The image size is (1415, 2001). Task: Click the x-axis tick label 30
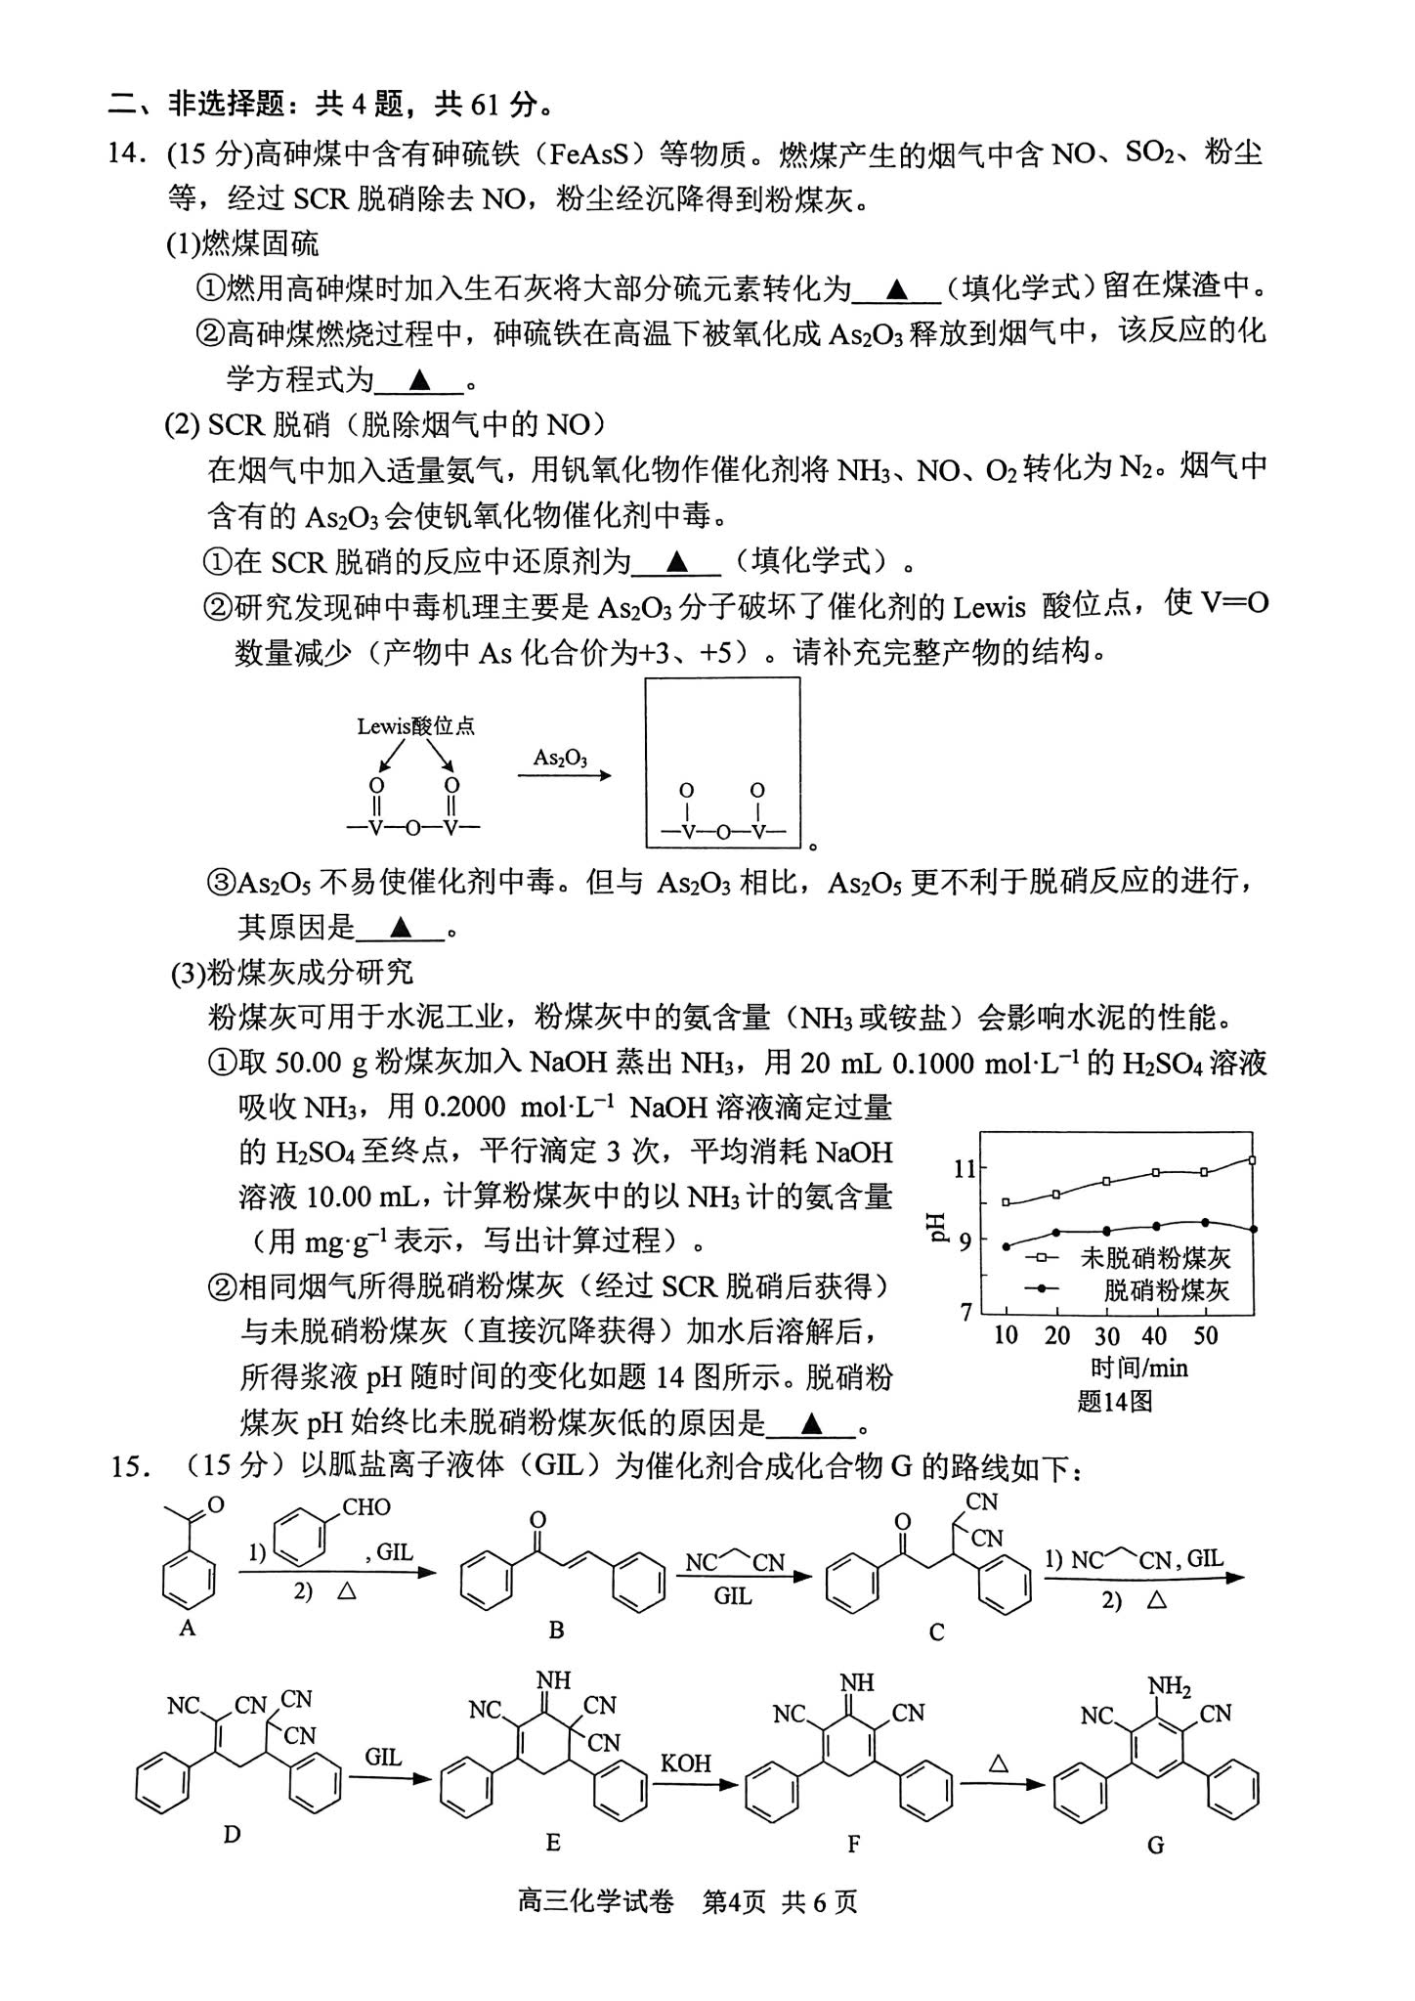point(1106,1335)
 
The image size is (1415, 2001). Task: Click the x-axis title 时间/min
point(1138,1368)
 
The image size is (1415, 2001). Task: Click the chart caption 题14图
point(1115,1401)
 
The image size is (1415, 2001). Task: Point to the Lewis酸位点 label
point(415,725)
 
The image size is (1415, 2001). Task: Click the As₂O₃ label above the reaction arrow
point(560,758)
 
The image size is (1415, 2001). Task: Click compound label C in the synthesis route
point(936,1632)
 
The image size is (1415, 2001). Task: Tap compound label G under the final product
point(1155,1846)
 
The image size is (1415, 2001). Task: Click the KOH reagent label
point(686,1763)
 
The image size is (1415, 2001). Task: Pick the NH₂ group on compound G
point(1169,1686)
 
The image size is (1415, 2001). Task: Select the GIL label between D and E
point(383,1757)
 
